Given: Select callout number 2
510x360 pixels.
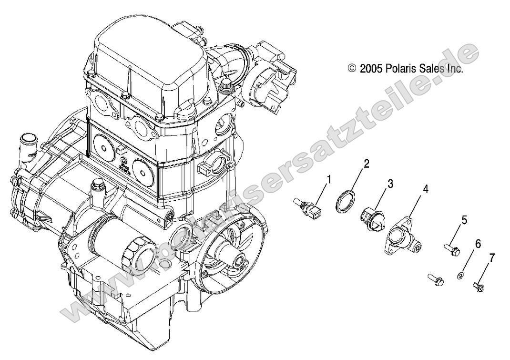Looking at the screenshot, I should tap(366, 164).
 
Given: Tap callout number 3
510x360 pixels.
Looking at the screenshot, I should tap(390, 184).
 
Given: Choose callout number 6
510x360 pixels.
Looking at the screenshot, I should tap(478, 244).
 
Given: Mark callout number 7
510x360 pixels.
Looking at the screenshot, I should tap(491, 258).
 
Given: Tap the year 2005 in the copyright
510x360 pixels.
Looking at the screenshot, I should tap(370, 69).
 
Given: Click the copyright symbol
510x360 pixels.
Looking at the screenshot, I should tap(352, 69).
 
